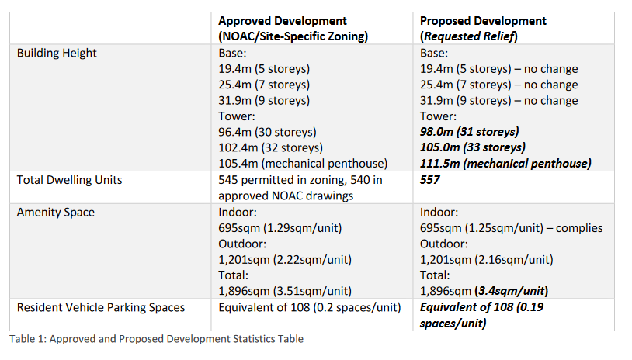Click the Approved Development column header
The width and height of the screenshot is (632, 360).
coord(293,28)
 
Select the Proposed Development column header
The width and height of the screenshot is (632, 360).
coord(483,28)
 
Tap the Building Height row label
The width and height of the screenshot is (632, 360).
coord(57,54)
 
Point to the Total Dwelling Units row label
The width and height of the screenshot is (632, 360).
coord(69,180)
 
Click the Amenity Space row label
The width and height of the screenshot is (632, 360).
coord(56,213)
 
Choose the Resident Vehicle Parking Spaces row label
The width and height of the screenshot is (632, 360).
coord(101,308)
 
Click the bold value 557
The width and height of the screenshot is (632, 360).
coord(429,180)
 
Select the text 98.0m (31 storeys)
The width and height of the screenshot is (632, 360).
coord(469,132)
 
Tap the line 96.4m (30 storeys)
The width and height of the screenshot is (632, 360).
coord(267,132)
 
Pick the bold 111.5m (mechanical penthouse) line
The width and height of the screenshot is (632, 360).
coord(505,164)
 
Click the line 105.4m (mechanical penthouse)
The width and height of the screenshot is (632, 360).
coord(303,164)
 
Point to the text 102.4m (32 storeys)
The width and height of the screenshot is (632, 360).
coord(270,147)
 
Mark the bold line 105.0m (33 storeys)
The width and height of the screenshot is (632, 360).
coord(472,147)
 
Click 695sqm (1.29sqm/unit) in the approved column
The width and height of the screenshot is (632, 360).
coord(280,228)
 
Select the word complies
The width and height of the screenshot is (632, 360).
coord(579,228)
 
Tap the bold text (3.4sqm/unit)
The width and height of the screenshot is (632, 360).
coord(512,291)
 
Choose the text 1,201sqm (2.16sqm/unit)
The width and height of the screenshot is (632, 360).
coord(487,260)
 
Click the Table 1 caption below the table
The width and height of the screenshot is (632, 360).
coord(156,339)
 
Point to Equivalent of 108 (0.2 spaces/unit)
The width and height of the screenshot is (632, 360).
coord(310,308)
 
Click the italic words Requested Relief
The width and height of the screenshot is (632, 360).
coord(469,36)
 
